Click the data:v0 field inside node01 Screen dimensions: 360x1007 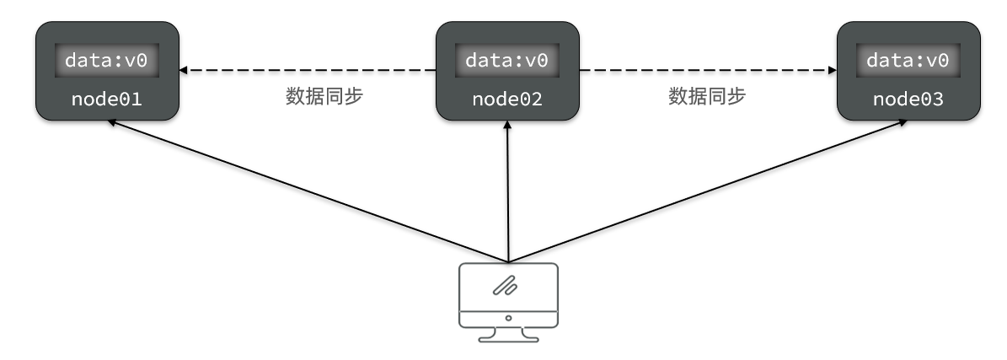(106, 61)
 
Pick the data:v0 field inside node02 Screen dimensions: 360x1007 (506, 61)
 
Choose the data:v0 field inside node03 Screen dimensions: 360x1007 (908, 61)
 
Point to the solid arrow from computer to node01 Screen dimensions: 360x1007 (308, 191)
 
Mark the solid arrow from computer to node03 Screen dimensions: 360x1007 (708, 191)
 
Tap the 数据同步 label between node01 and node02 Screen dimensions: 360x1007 (324, 96)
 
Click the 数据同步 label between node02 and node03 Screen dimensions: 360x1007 (707, 96)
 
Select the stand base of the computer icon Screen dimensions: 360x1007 (508, 338)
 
